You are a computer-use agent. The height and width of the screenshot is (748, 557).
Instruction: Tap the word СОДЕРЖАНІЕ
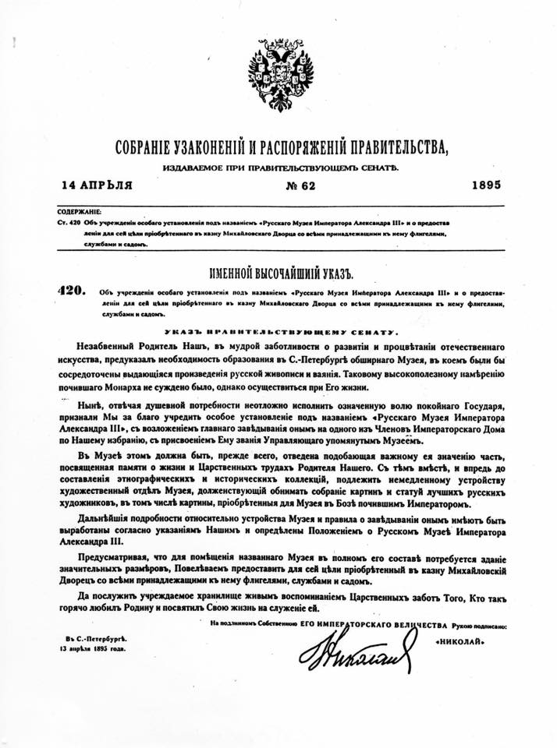coord(78,211)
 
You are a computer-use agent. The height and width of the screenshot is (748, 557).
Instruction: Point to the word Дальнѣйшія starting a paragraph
coord(112,518)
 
